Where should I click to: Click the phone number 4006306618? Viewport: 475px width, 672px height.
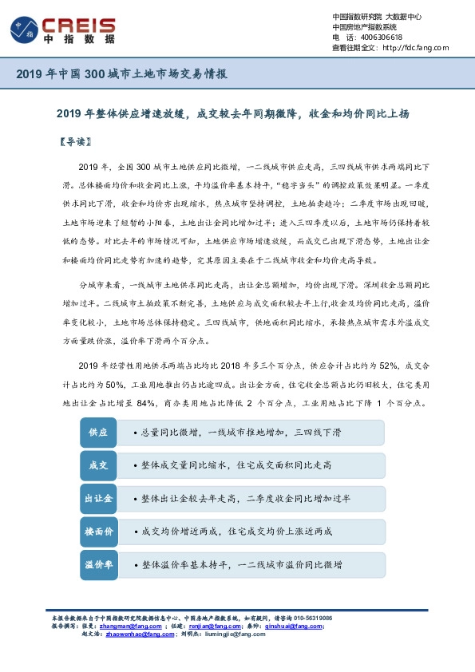coord(382,38)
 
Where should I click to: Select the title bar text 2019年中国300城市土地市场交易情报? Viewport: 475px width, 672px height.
coord(122,74)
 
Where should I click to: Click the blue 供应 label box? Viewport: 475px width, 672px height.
coord(98,432)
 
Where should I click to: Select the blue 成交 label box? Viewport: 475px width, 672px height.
coord(98,465)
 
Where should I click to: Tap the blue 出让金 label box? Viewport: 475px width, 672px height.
coord(98,499)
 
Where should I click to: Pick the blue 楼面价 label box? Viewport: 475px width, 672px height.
coord(98,531)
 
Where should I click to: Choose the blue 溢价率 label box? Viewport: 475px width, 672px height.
coord(98,564)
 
